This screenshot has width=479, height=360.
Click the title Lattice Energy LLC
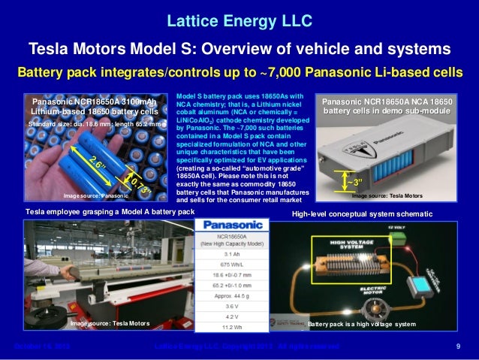point(239,17)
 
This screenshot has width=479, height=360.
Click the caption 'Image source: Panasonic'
point(94,197)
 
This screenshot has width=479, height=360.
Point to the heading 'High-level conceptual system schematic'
point(362,214)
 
